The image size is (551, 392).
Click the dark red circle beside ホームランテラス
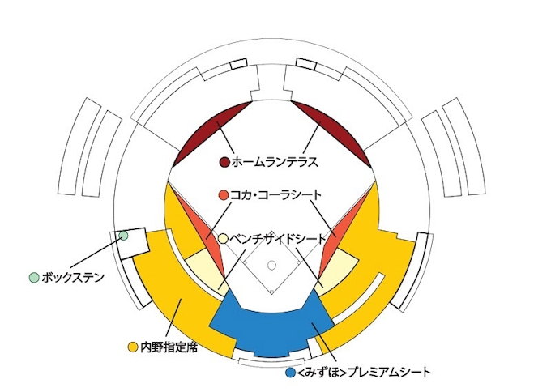click(x=224, y=162)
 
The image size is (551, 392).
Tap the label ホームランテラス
click(x=275, y=162)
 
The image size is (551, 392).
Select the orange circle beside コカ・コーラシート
click(x=224, y=195)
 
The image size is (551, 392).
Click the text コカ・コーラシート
click(x=275, y=194)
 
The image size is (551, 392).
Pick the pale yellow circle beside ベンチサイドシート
click(x=224, y=239)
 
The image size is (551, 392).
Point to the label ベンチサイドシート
click(x=278, y=239)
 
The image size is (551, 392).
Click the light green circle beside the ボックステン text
click(x=34, y=278)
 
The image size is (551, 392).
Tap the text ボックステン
click(x=73, y=278)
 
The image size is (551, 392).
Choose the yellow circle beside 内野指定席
click(x=132, y=347)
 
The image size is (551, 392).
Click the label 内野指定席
click(x=169, y=347)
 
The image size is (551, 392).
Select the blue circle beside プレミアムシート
click(x=291, y=373)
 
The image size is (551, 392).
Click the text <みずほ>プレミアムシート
click(x=364, y=373)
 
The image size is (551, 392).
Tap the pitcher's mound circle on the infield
click(x=271, y=265)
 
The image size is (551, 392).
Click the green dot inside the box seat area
click(x=123, y=236)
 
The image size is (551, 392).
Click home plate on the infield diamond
click(x=271, y=292)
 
